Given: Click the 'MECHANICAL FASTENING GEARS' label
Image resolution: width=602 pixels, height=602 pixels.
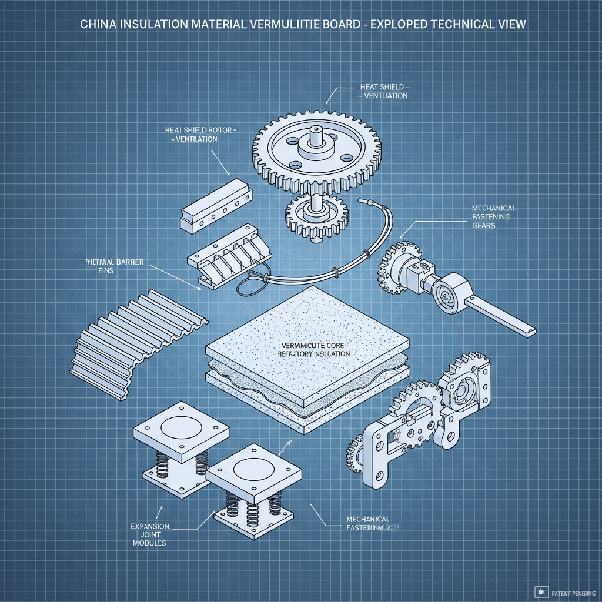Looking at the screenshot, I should point(494,217).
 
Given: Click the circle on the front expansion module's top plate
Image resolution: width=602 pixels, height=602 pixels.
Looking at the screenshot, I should point(252,469).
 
